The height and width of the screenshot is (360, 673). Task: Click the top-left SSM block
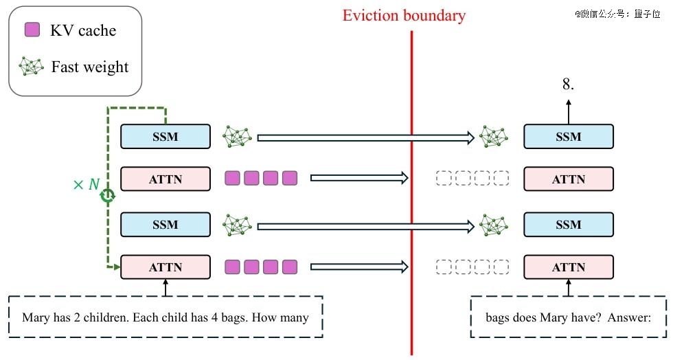coord(166,137)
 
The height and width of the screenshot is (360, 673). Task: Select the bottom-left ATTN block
coord(166,267)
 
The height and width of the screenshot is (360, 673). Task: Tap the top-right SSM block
coord(569,137)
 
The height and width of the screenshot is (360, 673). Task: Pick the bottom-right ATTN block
coord(569,267)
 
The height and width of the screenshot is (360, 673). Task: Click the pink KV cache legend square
coord(32,30)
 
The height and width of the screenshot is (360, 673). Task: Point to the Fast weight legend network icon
coord(32,67)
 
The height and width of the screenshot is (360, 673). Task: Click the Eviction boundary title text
coord(404,16)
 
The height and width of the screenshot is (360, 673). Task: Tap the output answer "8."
coord(569,84)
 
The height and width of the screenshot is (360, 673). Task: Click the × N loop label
coord(87,184)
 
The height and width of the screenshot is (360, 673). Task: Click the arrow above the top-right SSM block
coord(569,112)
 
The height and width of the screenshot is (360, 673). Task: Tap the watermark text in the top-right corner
coord(617,14)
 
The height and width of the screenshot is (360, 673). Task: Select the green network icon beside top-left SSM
coord(237,137)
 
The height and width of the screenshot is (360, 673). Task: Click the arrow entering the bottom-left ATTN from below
coord(166,288)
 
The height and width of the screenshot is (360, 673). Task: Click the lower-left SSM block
coord(166,224)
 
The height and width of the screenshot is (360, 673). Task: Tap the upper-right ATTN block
coord(569,179)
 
